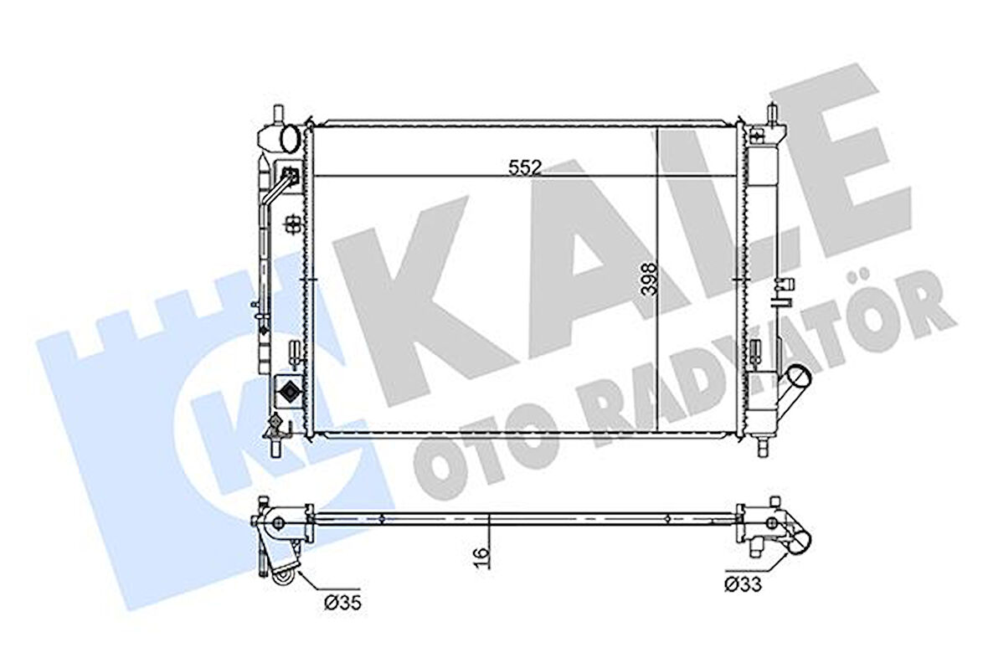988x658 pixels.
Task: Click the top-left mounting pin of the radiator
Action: (x=276, y=112)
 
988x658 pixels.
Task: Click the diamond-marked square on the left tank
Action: (x=288, y=391)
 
